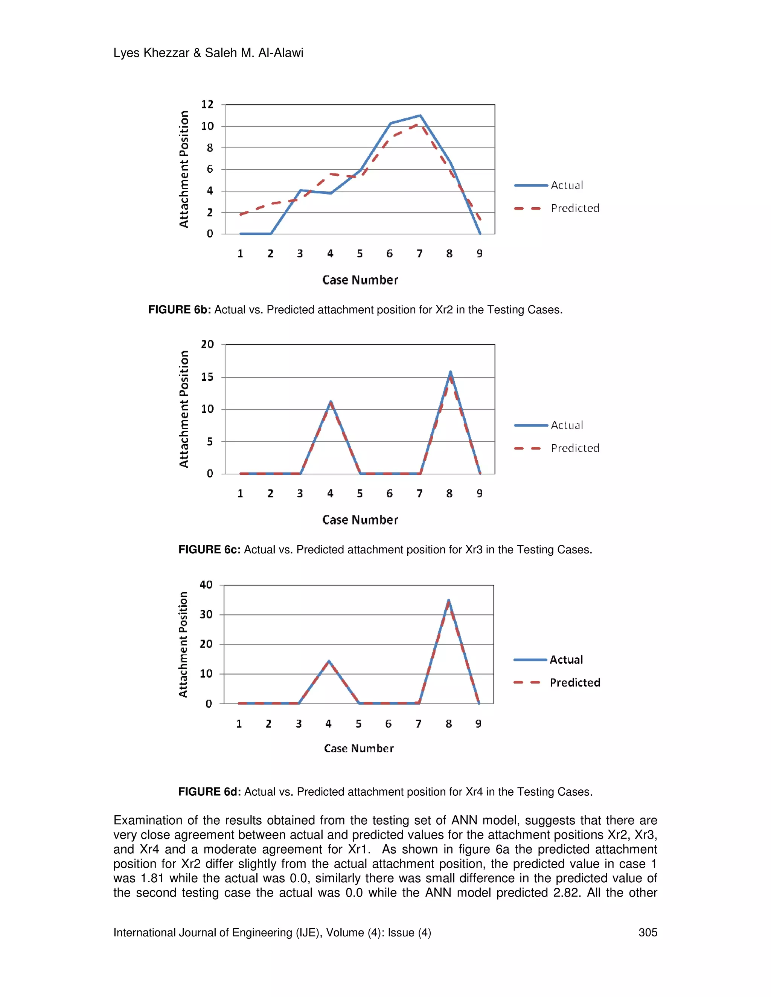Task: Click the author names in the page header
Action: pos(208,53)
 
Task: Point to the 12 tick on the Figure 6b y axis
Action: pos(207,105)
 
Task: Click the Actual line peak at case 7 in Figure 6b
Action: pos(420,116)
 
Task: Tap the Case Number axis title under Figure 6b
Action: pos(360,280)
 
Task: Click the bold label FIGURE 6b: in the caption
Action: pos(180,310)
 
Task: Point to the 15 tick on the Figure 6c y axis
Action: pos(207,377)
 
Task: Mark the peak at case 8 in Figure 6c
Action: pos(450,372)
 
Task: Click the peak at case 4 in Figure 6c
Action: pos(330,402)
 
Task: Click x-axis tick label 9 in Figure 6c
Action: pos(479,494)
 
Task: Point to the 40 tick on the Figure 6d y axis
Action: pos(206,585)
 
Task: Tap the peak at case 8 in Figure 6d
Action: pos(448,601)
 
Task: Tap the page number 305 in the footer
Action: pos(647,933)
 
